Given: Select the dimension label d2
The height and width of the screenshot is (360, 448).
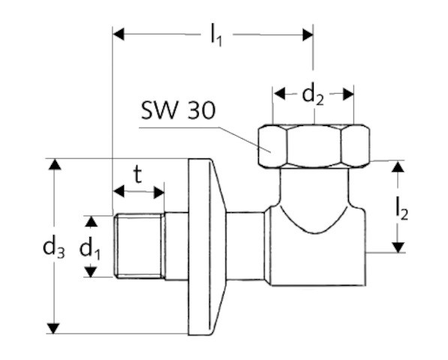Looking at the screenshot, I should tap(313, 95).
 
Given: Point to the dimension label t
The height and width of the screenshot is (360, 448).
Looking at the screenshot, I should tap(138, 175).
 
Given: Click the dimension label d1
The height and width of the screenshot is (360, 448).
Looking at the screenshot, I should tap(92, 247).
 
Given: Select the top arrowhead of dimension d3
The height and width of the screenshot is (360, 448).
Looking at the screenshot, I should tap(53, 165).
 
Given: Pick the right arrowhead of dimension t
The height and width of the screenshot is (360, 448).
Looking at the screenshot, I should tap(158, 192).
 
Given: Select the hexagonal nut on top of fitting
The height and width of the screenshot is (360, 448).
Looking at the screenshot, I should tap(313, 146).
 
